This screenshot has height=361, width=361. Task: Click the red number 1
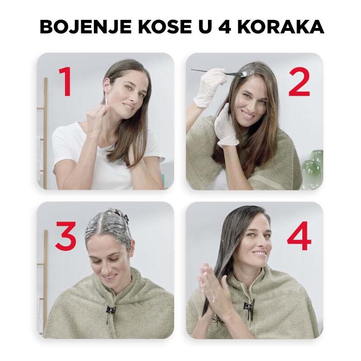pyautogui.click(x=65, y=83)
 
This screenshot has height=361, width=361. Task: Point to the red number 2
pyautogui.click(x=297, y=82)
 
